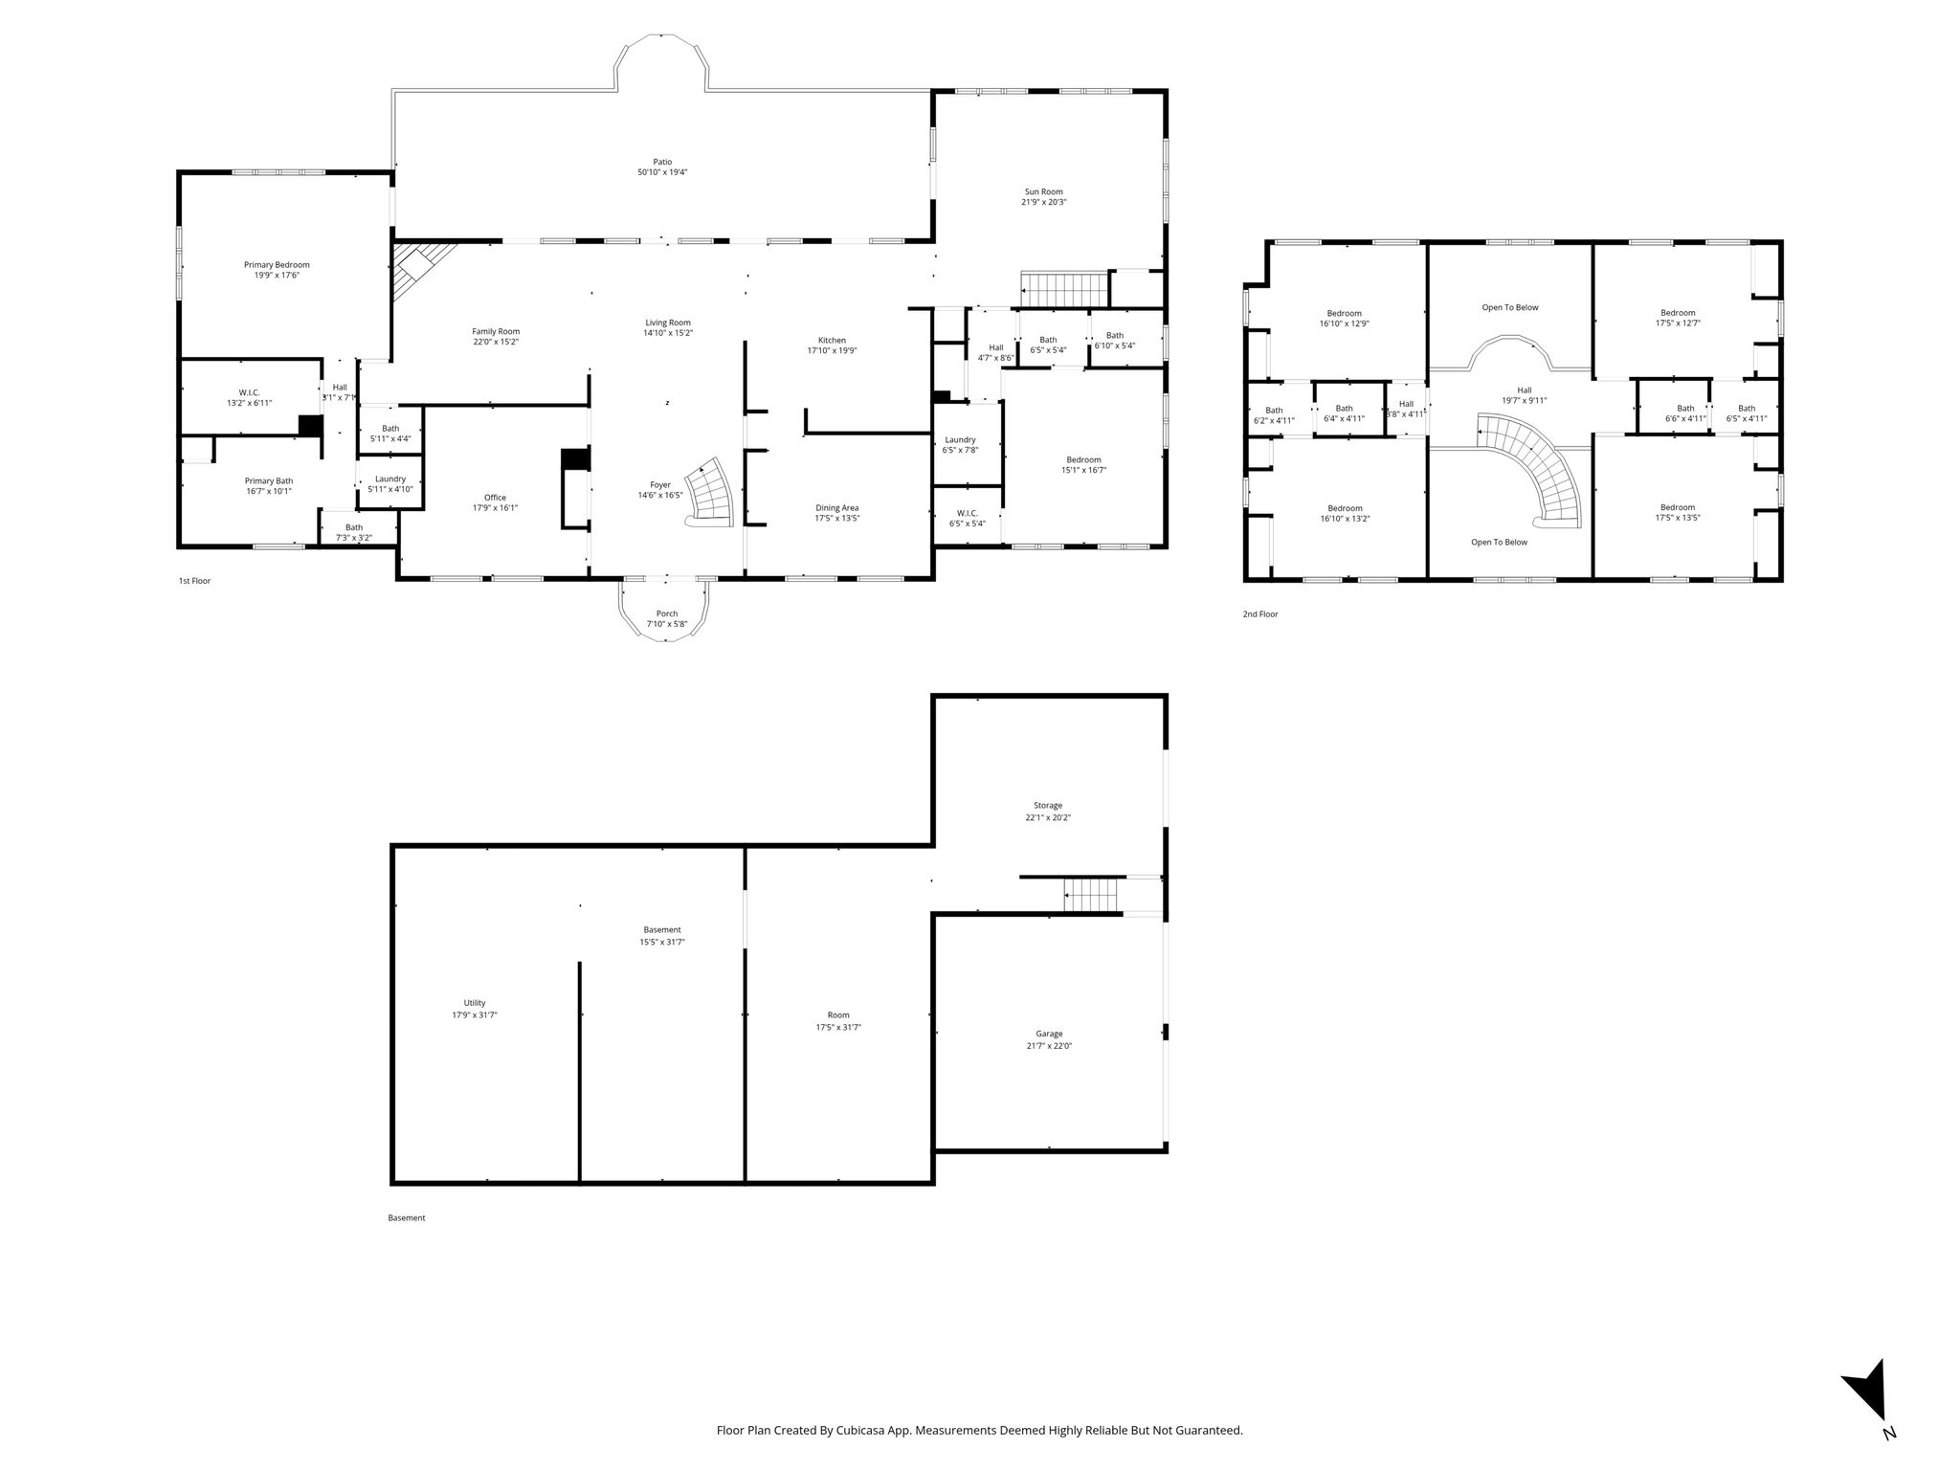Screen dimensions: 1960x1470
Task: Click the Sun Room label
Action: click(1044, 191)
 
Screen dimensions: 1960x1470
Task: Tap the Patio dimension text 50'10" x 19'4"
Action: click(662, 172)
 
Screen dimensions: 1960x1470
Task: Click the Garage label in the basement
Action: click(1049, 1034)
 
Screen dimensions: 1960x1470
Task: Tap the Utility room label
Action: click(475, 1003)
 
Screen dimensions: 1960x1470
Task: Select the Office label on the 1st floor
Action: click(495, 498)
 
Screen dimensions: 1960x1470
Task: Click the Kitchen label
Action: click(832, 340)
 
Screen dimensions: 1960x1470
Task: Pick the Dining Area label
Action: click(836, 507)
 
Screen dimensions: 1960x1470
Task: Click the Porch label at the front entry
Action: click(667, 613)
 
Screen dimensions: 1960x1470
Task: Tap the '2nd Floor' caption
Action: click(1260, 614)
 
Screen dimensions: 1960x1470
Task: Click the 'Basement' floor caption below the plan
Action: click(407, 1218)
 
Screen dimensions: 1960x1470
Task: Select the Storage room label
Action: click(1048, 806)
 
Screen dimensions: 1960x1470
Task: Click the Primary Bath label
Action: click(269, 481)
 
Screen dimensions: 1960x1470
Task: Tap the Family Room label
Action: click(496, 331)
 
